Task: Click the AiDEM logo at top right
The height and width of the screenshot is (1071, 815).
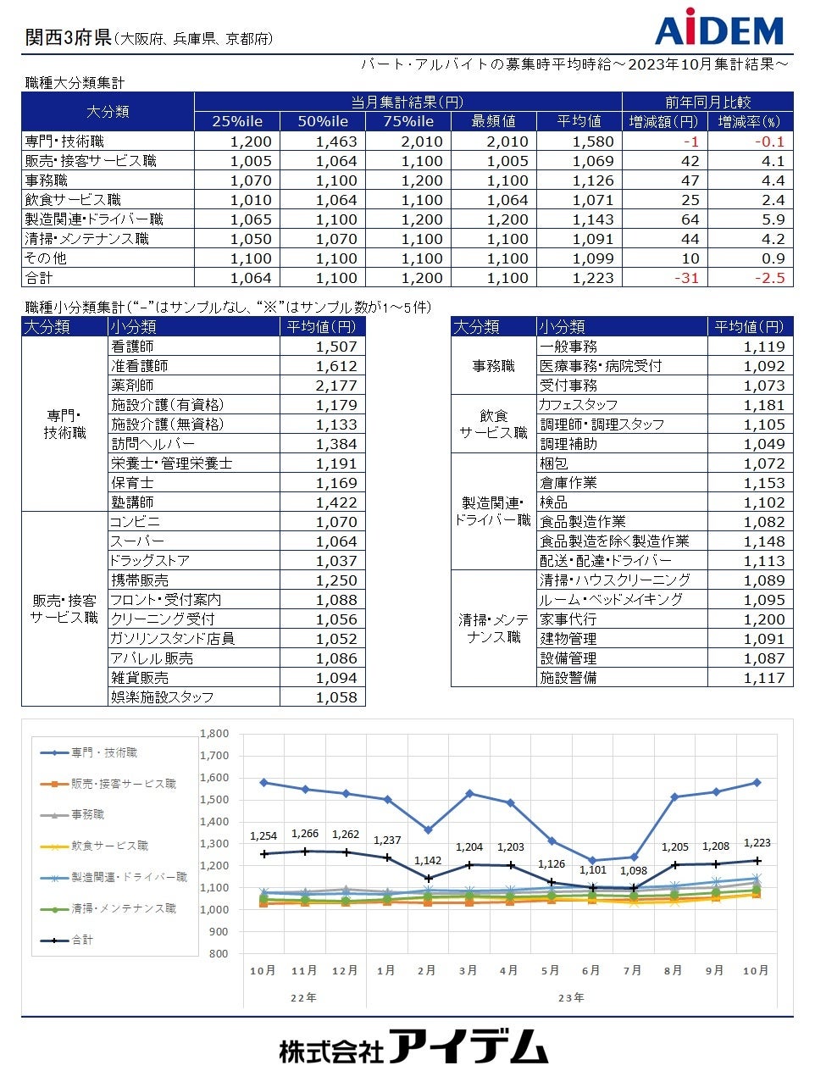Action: click(x=719, y=28)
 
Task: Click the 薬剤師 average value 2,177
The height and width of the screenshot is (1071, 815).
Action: click(x=336, y=386)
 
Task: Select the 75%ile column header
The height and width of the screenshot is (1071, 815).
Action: click(x=408, y=121)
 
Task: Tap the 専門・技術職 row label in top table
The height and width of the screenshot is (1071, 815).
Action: click(x=65, y=142)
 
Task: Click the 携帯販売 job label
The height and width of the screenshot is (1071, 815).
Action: click(x=140, y=580)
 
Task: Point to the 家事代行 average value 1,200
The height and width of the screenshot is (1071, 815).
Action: click(x=764, y=619)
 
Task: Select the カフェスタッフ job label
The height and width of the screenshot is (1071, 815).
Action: click(x=579, y=405)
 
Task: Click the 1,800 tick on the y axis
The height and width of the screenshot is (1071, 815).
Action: click(x=214, y=734)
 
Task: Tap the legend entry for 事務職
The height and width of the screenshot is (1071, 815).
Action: click(x=88, y=814)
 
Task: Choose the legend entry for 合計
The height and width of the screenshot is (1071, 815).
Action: click(x=82, y=940)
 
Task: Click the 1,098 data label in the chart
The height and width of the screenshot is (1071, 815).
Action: click(x=633, y=871)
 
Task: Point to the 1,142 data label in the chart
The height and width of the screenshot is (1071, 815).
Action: click(x=428, y=861)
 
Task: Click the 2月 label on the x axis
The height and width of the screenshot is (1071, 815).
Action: click(x=427, y=970)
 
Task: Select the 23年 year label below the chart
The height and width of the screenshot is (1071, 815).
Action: click(x=571, y=997)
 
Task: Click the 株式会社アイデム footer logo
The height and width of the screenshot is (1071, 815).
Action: click(x=413, y=1047)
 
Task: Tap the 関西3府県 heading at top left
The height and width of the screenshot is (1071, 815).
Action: click(x=68, y=37)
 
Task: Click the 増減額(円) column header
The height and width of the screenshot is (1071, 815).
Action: click(x=664, y=121)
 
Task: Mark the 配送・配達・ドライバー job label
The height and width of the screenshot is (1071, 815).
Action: click(x=606, y=561)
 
